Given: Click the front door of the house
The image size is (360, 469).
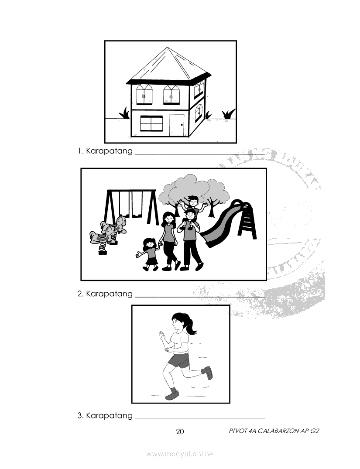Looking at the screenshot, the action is click(177, 125).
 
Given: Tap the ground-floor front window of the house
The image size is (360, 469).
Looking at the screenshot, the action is click(151, 123).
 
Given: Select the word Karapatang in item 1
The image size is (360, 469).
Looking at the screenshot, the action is click(109, 151).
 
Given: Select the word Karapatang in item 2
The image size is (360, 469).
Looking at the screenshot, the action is click(109, 294).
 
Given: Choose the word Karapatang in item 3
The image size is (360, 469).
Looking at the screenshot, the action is click(109, 416).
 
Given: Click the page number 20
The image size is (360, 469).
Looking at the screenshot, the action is click(180, 431).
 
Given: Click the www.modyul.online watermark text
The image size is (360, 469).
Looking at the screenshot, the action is click(180, 454).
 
